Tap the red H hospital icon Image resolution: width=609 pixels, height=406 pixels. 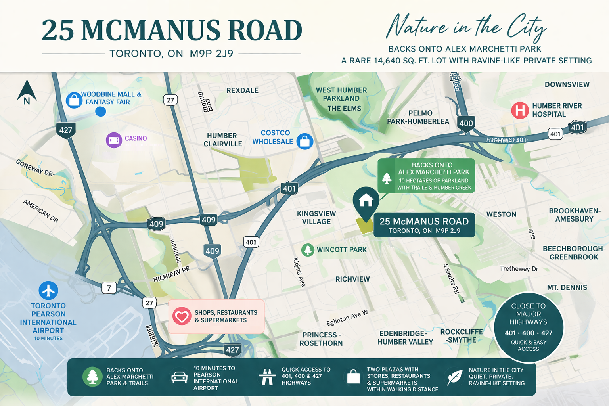[x=520, y=110]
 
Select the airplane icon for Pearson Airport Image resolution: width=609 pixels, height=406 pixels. [x=48, y=291]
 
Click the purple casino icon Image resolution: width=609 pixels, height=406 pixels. [x=114, y=140]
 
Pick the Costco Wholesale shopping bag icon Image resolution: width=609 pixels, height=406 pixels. [x=305, y=141]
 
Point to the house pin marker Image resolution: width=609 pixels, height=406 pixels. [x=366, y=200]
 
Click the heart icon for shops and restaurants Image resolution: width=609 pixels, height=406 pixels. [x=182, y=316]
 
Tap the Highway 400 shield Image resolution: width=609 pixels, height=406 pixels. [x=466, y=123]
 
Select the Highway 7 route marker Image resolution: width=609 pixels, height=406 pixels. [x=109, y=288]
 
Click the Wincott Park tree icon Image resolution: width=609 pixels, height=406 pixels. [x=308, y=250]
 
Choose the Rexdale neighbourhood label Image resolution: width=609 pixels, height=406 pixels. [x=242, y=90]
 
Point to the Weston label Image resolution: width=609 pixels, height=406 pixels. [x=501, y=214]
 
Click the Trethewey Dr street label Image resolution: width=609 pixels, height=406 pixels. [x=519, y=269]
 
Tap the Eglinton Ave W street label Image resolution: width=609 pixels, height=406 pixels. [x=347, y=318]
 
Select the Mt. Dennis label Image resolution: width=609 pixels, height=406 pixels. [x=567, y=288]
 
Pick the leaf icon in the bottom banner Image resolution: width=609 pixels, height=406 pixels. [x=454, y=377]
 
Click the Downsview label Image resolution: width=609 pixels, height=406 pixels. [x=567, y=84]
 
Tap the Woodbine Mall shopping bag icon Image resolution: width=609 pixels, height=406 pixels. [x=74, y=100]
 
